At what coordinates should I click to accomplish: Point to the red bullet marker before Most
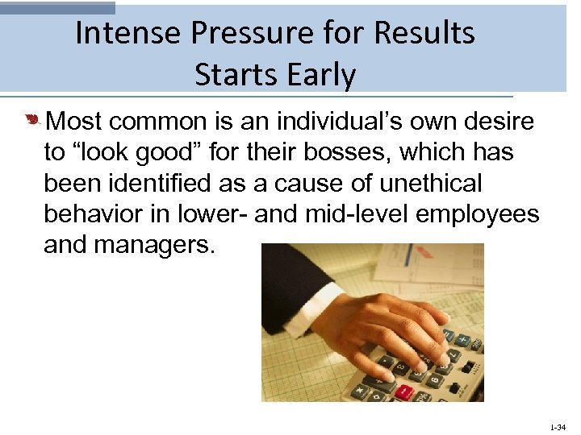point(33,122)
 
